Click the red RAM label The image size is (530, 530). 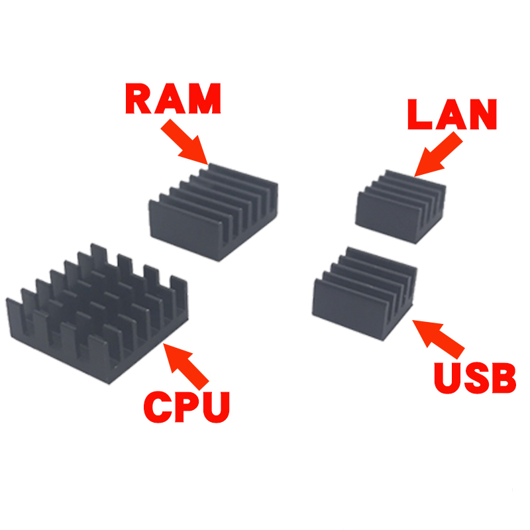(174, 99)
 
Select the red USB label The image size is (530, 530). (474, 376)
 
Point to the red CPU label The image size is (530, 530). (187, 406)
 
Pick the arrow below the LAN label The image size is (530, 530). (437, 155)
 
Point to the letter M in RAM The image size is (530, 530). (205, 99)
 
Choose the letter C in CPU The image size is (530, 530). (157, 406)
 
